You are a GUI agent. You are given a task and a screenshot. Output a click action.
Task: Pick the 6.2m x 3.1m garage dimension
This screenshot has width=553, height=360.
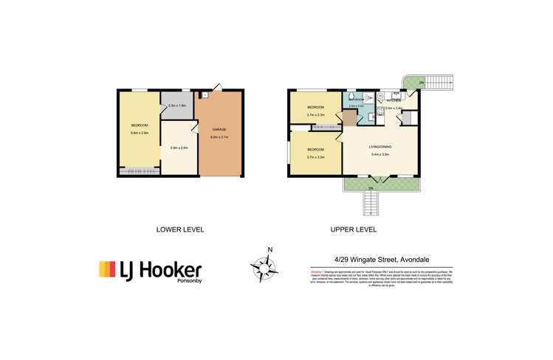pos(220,136)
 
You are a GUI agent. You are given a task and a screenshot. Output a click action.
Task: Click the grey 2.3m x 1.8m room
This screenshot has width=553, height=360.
pos(178,106)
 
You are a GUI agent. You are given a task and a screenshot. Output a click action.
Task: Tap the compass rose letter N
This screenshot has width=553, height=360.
pos(270,249)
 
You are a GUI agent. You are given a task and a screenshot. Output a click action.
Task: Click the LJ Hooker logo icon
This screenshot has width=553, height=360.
pos(107,269)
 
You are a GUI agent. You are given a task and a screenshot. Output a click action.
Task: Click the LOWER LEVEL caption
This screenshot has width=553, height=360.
pos(180,229)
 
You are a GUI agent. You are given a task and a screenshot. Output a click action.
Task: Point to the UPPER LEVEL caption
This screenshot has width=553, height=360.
pos(354,229)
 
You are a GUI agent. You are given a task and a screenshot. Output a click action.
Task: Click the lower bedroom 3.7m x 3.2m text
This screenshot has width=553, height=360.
pos(316,156)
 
